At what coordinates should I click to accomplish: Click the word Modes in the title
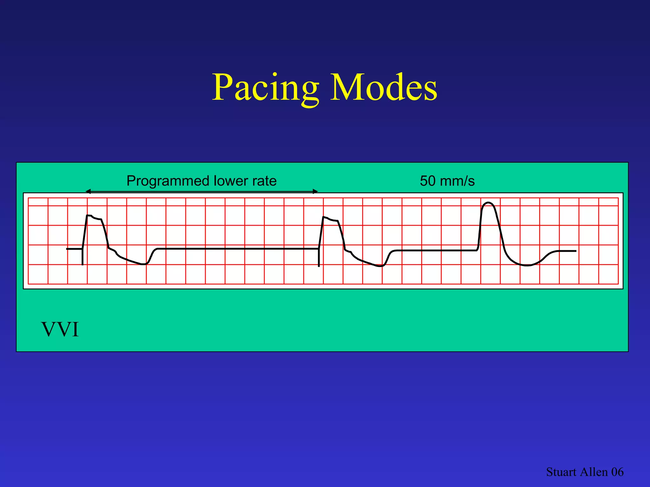(384, 88)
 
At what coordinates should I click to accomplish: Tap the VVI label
(60, 330)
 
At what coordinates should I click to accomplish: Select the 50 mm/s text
(447, 181)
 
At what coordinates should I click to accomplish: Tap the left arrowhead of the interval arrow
(88, 191)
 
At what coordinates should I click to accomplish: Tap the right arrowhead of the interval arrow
(315, 191)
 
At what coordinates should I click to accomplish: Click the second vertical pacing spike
(319, 258)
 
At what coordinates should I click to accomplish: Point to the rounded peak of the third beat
(488, 203)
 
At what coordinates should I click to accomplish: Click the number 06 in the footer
(617, 472)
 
